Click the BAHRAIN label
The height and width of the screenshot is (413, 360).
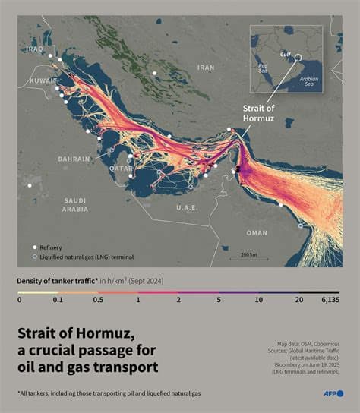coord(74,159)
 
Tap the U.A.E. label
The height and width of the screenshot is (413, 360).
coord(187,206)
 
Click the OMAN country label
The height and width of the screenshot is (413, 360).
coord(257,232)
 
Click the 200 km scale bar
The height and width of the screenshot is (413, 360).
coord(248,254)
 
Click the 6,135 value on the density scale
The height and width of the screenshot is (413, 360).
coord(328,300)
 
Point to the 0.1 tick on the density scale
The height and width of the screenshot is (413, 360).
coord(58,300)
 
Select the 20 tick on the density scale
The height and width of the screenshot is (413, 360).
coord(299,300)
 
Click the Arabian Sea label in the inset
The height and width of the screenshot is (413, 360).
coord(308,80)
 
